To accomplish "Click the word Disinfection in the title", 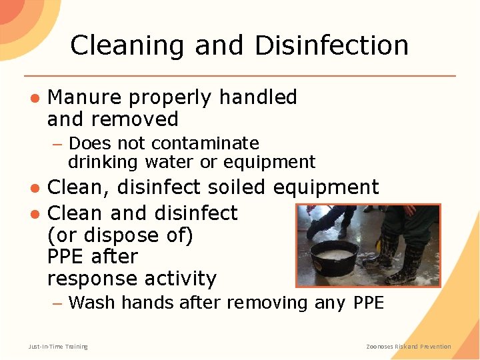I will [331, 45].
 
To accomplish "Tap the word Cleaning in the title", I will [127, 45].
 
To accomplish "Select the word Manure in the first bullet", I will [85, 97].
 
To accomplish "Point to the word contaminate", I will [205, 143].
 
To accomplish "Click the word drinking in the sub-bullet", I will [101, 162].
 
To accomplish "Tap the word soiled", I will [235, 187].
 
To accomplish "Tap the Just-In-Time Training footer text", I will [58, 346].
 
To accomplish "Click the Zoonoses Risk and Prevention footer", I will [409, 346].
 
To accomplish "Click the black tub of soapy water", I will [336, 257].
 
